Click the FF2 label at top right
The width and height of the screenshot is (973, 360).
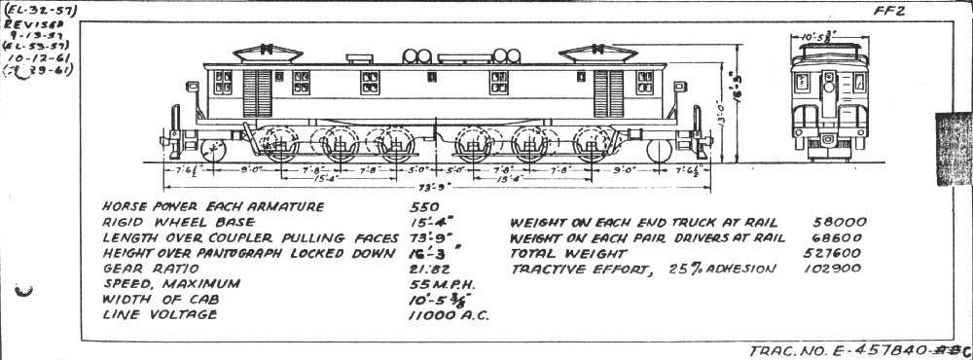[x=871, y=14]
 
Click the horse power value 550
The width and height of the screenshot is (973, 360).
[x=426, y=207]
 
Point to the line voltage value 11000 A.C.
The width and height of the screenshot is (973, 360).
[x=449, y=315]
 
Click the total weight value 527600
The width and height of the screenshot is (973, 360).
[x=838, y=252]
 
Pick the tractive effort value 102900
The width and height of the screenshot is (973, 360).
[x=838, y=268]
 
